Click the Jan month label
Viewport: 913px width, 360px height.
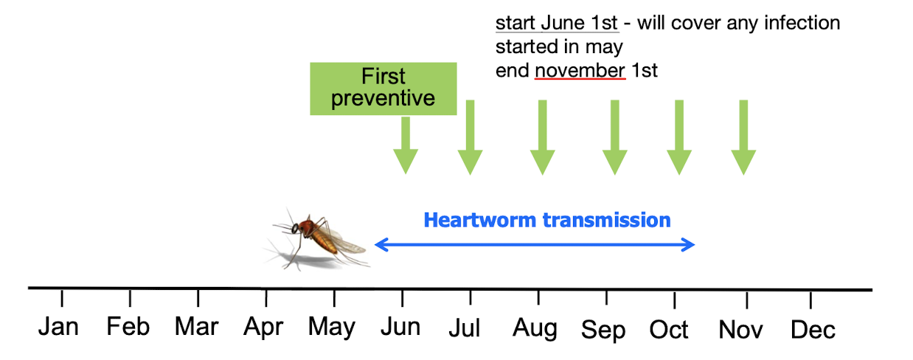pos(58,327)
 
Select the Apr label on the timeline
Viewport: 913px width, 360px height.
pos(263,328)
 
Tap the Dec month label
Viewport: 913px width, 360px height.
pos(813,330)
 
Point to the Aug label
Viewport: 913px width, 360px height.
pos(535,328)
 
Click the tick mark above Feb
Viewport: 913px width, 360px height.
pos(130,298)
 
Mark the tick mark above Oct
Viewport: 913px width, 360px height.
pos(675,300)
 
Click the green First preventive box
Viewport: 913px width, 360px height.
pos(383,89)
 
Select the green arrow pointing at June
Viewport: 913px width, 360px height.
pos(406,145)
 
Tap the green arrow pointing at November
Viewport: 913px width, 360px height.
pos(743,137)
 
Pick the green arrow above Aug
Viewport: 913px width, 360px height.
pos(543,137)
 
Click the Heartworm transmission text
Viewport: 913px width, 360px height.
pos(547,220)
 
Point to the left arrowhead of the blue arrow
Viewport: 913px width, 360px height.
pos(381,245)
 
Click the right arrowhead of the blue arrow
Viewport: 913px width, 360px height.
pos(688,245)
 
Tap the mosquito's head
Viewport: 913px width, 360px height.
pos(296,228)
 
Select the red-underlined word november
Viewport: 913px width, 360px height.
pos(580,71)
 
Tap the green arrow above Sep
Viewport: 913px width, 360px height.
pos(614,137)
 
